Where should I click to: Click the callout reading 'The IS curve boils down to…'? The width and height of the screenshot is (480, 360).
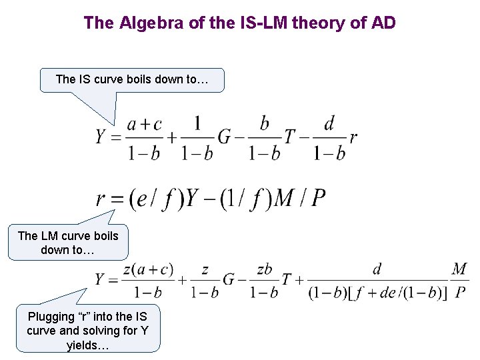(131, 79)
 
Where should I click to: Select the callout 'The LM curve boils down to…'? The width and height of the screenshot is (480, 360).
(68, 243)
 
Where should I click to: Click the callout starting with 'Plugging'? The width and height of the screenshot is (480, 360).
(88, 331)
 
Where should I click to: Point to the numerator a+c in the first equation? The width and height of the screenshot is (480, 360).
(145, 124)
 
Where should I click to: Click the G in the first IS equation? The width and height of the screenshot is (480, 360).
(225, 137)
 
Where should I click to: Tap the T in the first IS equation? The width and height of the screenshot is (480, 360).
(289, 137)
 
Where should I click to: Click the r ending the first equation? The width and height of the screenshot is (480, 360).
(353, 138)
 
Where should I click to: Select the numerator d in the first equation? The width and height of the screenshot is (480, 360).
(329, 123)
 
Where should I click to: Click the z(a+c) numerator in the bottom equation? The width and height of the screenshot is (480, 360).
(148, 269)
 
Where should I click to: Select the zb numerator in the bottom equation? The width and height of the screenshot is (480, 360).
(265, 269)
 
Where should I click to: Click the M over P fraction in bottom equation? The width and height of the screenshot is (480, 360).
(459, 280)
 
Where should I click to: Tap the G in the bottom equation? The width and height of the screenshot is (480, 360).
(228, 280)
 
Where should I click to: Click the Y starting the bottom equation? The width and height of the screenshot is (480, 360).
(101, 280)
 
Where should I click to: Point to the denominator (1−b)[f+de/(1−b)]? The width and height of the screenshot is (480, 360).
(377, 293)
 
